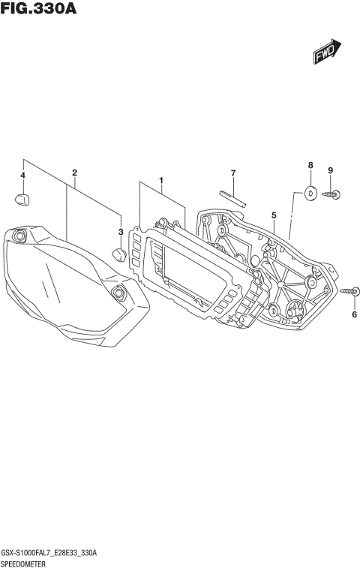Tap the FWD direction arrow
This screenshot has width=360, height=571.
coord(327,53)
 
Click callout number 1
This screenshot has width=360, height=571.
coord(160,180)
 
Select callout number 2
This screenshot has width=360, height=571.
coord(74,173)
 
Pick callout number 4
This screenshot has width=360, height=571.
coord(22,176)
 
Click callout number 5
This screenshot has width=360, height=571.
coord(274,215)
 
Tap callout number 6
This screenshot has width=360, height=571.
coord(354,314)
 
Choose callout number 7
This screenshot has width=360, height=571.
coord(232,173)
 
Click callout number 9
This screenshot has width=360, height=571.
coord(329,170)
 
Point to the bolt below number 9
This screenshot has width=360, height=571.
coord(331,194)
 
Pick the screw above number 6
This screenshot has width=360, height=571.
coord(349,291)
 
